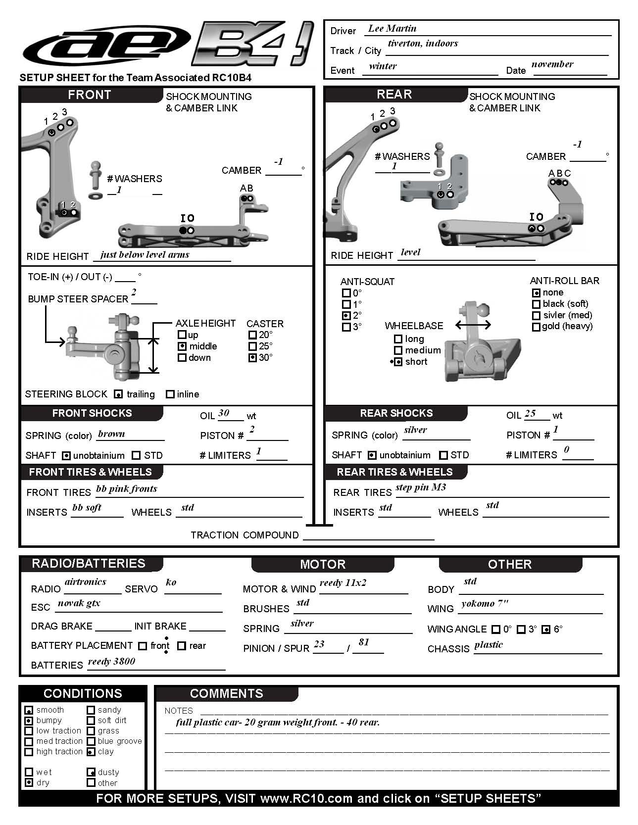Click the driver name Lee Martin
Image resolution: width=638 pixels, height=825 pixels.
(392, 29)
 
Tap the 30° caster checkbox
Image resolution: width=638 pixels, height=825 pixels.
(252, 357)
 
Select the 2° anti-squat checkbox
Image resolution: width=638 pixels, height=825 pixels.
(346, 315)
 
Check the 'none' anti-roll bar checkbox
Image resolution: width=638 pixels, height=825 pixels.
(536, 292)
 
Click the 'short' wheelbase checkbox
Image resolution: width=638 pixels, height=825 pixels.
(398, 362)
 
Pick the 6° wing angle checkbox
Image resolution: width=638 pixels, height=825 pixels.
(546, 630)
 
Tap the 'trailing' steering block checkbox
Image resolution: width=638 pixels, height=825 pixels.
(118, 394)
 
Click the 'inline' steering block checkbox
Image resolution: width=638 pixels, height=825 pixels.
(170, 394)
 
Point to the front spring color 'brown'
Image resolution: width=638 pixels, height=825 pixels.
(111, 434)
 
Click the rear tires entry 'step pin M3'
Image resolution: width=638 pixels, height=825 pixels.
(421, 487)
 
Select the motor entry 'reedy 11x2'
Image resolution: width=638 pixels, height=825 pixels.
(343, 583)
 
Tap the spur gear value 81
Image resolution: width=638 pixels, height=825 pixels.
(364, 642)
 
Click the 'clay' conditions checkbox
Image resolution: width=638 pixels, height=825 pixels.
(91, 752)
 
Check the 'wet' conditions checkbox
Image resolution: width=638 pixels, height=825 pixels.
(29, 772)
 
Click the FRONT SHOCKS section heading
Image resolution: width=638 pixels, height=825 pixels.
(92, 413)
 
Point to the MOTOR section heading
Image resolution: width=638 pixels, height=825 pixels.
(323, 564)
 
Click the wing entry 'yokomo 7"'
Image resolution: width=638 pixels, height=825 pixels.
(485, 604)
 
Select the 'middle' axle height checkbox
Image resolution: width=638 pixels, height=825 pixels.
(182, 346)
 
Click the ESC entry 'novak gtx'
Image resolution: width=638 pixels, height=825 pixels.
(79, 603)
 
